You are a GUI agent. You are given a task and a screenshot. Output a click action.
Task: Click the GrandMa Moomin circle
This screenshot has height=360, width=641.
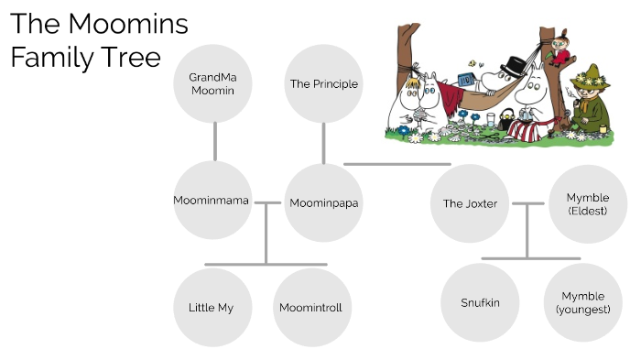(212, 84)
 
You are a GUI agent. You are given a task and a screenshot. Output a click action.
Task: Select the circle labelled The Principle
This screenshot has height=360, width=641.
(323, 84)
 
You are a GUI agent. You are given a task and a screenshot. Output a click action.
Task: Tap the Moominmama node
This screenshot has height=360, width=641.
(212, 201)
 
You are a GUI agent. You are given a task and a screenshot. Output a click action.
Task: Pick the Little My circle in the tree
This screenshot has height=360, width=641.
(212, 307)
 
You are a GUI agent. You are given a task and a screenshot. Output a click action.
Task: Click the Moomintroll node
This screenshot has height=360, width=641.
(310, 307)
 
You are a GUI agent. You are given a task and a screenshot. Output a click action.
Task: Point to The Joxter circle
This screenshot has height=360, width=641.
(470, 203)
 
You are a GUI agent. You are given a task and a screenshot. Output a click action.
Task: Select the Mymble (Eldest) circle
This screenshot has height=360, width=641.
(587, 203)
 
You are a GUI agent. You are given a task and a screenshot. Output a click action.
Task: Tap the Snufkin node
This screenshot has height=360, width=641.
(480, 302)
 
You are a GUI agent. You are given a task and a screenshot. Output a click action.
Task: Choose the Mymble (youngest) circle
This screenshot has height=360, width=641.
(582, 302)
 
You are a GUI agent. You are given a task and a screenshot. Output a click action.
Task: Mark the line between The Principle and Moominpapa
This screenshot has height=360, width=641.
(323, 143)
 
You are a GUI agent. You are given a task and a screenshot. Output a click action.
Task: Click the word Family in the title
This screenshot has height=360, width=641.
(47, 58)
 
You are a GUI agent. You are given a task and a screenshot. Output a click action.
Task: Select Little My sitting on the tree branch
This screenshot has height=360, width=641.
(556, 50)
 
